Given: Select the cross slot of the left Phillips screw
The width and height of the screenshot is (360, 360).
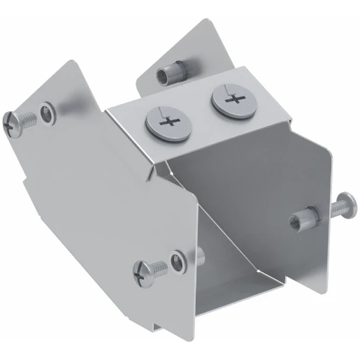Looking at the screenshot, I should pyautogui.click(x=167, y=124).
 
